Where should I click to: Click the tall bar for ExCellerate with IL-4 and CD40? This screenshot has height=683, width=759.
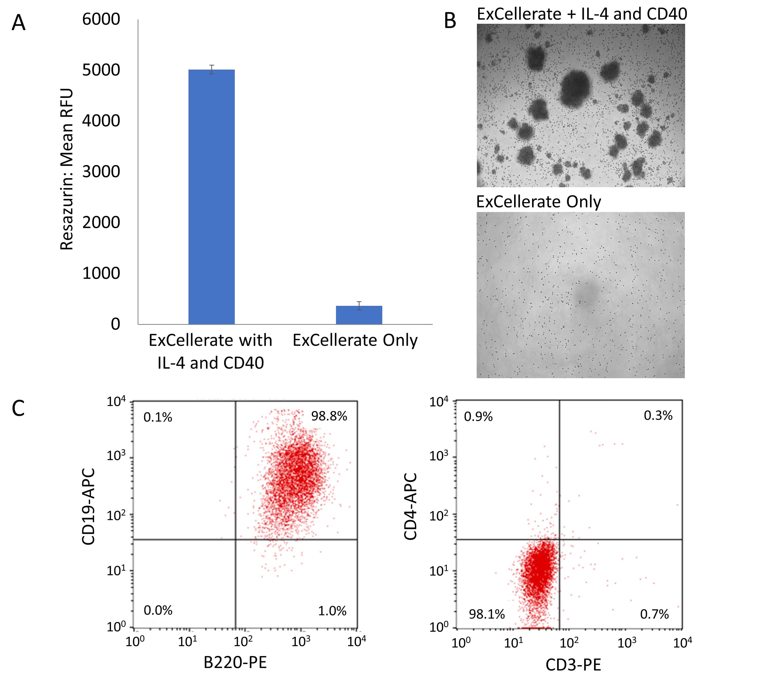pos(211,197)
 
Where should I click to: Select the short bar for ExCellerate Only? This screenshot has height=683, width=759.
pos(359,315)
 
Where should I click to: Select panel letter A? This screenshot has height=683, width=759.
pos(18,23)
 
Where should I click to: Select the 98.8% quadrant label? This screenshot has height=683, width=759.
pos(329,416)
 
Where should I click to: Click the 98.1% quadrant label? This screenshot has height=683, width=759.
pos(487,614)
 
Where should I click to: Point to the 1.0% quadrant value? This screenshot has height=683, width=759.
pos(332,611)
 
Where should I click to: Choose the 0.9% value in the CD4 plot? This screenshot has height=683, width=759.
pos(478,417)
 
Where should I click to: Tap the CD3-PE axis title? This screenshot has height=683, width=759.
pos(573,665)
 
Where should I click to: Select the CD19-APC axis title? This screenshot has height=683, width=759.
pos(89,507)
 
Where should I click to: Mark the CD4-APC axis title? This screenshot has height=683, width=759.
pos(411,507)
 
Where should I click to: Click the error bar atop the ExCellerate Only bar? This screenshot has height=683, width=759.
pos(359,306)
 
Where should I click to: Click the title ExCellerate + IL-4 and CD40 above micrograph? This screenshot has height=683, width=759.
pos(582,14)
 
